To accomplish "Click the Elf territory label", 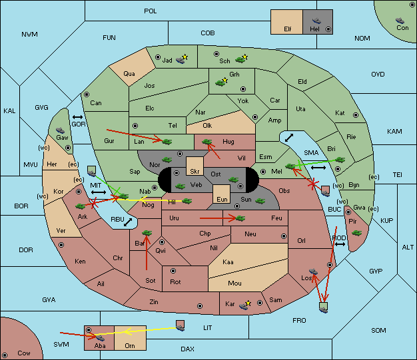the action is coord(288,29).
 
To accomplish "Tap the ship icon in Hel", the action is coord(316,21).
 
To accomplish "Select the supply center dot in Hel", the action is coord(328,29).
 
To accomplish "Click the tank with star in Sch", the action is coord(242,59).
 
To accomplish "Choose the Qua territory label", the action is coord(129,74).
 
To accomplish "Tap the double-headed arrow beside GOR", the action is coord(77,117).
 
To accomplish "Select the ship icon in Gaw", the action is coord(61,130).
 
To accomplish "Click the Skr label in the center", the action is coord(195,172).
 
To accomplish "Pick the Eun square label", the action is coord(222,199).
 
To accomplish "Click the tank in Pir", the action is coord(356,233).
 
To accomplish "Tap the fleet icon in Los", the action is coord(313,271).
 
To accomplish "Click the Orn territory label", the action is coord(130,345).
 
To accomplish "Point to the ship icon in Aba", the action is coord(101,337).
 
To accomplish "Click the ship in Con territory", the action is coord(400,21).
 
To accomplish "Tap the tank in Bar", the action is coord(147,233).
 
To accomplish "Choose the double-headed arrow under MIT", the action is coord(99,192).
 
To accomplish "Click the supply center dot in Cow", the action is coord(5,355).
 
